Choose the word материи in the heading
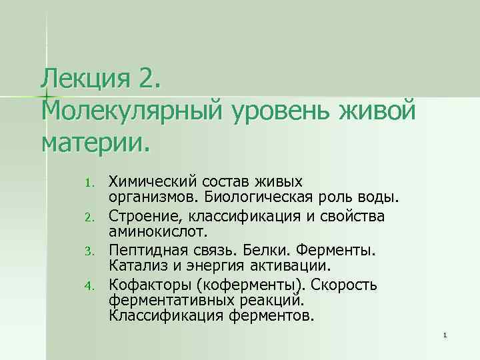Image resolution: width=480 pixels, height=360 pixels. click(x=93, y=139)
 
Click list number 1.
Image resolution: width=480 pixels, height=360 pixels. click(x=94, y=182)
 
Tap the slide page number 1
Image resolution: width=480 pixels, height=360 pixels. click(x=444, y=335)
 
